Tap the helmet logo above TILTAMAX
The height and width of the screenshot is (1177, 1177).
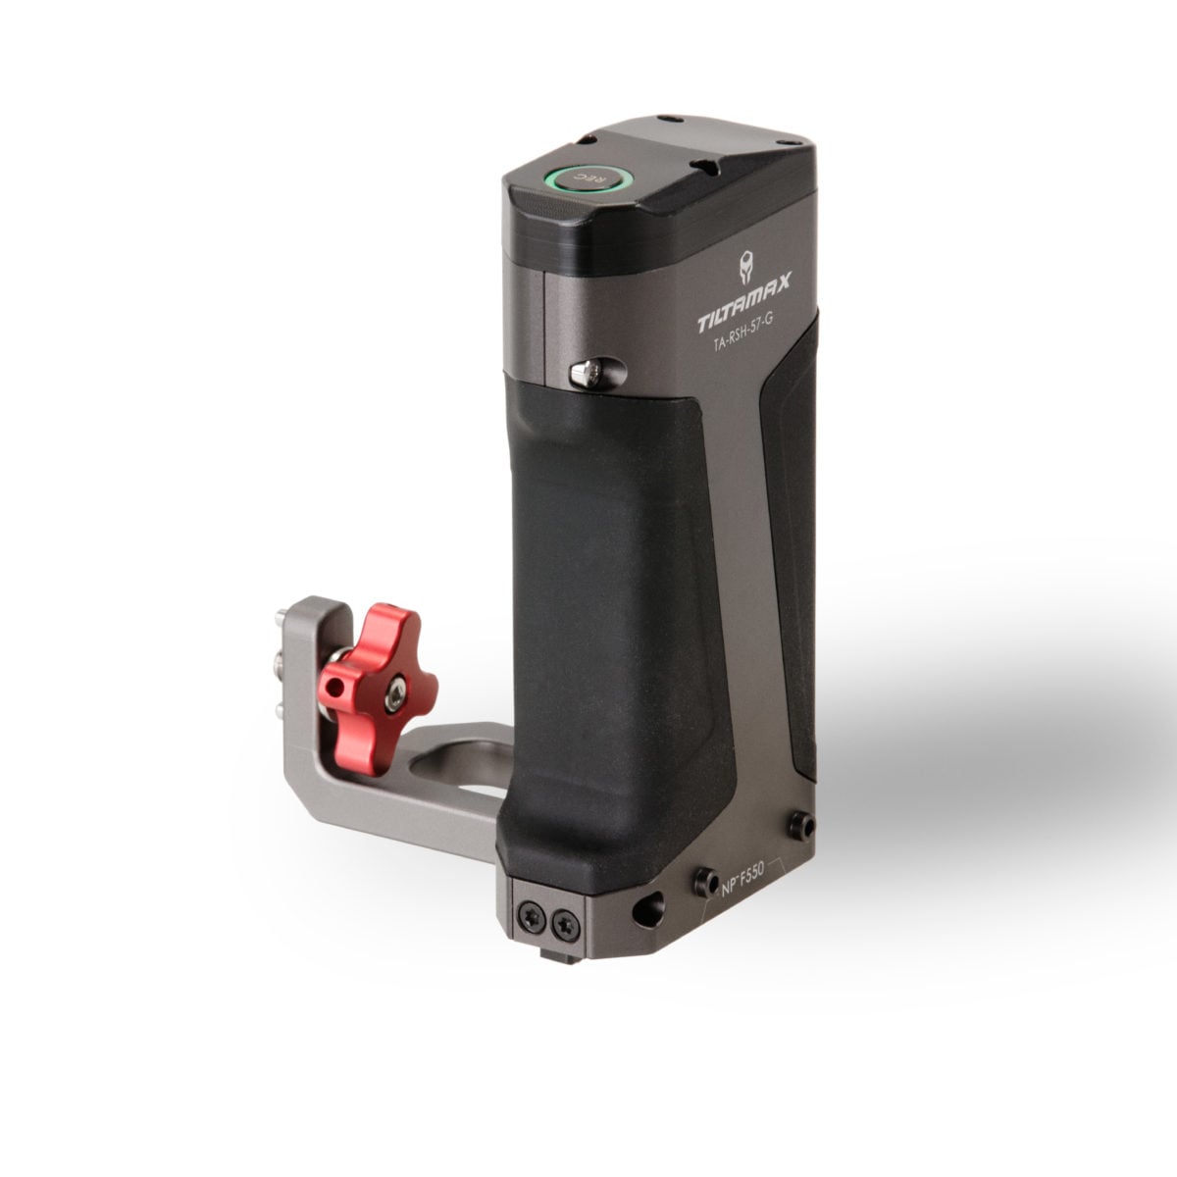(x=746, y=269)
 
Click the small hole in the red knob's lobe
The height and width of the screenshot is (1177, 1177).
(x=333, y=690)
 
